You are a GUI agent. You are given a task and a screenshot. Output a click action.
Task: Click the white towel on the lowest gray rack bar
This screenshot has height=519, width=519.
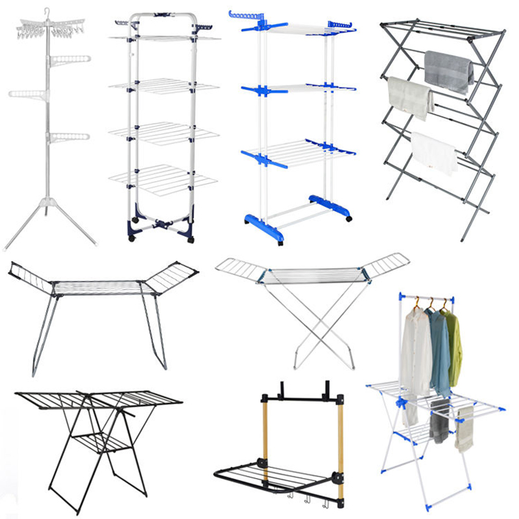point(434,153)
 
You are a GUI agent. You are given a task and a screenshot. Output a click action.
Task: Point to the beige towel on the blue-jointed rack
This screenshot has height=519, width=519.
point(465,428)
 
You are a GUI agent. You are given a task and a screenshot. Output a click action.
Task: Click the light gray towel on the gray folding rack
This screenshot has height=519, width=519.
point(410,97)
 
